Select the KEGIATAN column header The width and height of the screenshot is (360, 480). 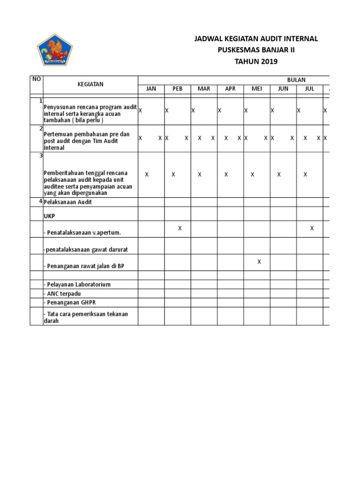pos(90,84)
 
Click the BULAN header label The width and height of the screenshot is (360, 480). pos(296,80)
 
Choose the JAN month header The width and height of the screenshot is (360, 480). pos(151,89)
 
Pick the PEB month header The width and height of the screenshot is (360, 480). pos(177,89)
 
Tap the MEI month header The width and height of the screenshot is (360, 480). pos(256,89)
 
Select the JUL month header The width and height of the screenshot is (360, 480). pos(309,89)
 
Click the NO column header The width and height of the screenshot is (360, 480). pos(36,79)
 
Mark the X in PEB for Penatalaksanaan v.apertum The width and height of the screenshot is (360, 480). pos(180,228)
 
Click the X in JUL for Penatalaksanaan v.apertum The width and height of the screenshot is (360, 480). pos(312,228)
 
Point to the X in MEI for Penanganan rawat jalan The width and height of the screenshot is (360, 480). pos(259,262)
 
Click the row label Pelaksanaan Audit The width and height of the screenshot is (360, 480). pos(67,202)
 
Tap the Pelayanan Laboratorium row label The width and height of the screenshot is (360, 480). pos(77,285)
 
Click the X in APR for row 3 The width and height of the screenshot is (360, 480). pos(226,174)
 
